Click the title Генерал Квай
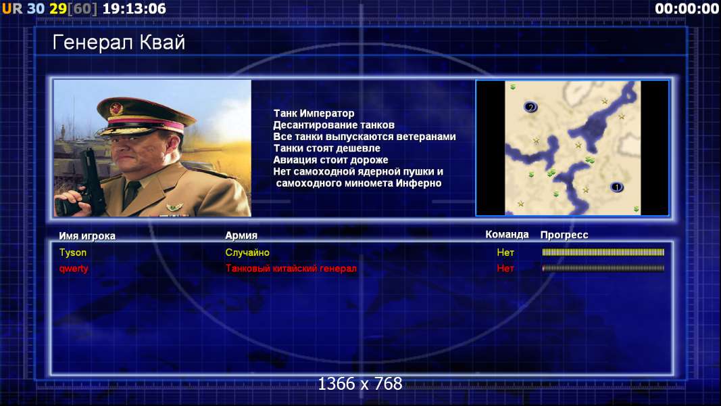click(x=119, y=43)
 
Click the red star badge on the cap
click(x=116, y=109)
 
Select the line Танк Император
click(x=314, y=113)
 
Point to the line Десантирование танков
click(x=334, y=125)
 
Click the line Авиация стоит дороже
click(x=330, y=160)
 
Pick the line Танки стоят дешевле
click(x=327, y=148)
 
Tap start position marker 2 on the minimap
click(x=530, y=108)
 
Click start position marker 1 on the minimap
click(x=617, y=187)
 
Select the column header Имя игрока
click(x=87, y=236)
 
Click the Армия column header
click(x=241, y=235)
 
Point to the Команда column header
click(x=507, y=235)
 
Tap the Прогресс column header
click(x=564, y=235)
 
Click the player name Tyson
click(x=73, y=252)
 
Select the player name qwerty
click(x=74, y=269)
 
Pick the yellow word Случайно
click(x=247, y=252)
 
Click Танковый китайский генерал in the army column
click(x=291, y=269)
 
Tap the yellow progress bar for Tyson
click(x=603, y=252)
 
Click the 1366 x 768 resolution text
click(x=360, y=384)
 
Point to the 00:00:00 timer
click(x=687, y=9)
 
